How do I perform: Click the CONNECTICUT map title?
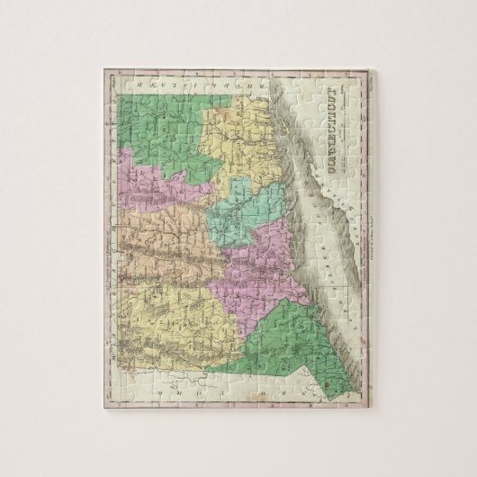pos(355,134)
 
